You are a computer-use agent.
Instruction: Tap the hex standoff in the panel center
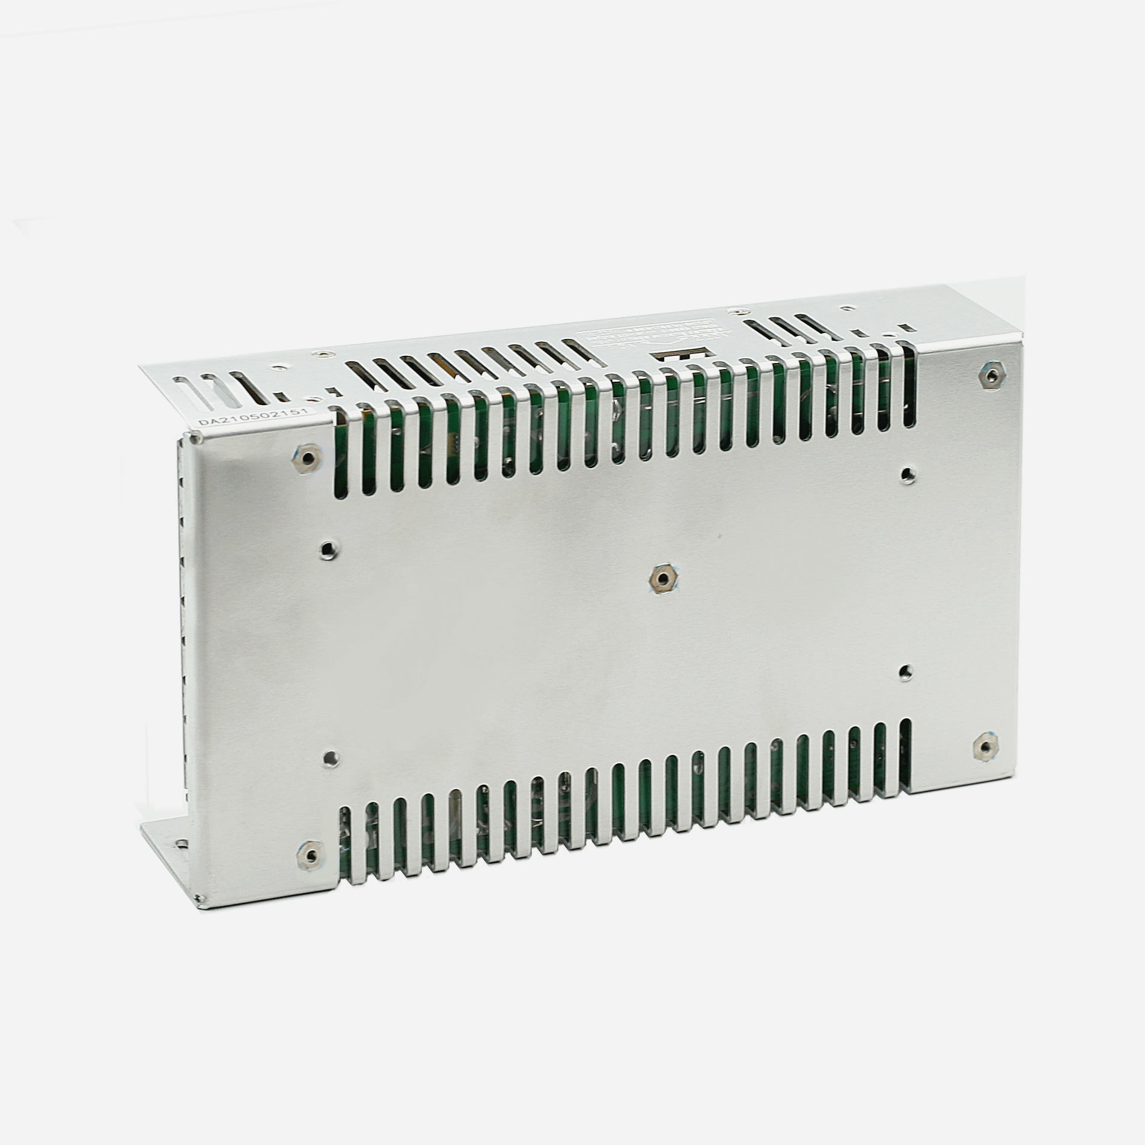(x=662, y=579)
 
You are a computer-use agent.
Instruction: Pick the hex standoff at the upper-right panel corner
(x=989, y=375)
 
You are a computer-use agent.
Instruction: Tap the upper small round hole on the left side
(x=328, y=548)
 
